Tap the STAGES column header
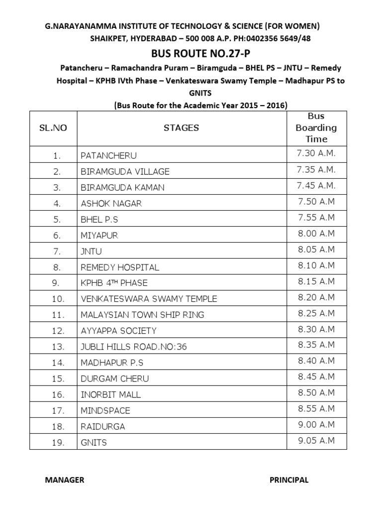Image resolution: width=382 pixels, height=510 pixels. click(181, 128)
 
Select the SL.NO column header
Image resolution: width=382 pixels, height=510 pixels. click(53, 128)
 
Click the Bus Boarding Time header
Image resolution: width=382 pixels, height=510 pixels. click(316, 127)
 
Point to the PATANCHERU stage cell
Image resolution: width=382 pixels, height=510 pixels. click(108, 156)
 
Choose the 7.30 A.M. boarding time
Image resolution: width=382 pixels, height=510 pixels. click(316, 154)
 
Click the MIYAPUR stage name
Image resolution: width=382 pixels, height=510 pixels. click(99, 236)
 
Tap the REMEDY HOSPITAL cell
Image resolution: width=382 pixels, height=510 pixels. click(120, 267)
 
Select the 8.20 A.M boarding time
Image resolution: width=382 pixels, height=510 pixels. click(316, 297)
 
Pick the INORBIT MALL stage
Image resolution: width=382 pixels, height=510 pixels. click(111, 395)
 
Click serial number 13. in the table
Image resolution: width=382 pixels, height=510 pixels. click(58, 347)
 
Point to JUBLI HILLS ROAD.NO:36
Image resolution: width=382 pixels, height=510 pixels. click(134, 347)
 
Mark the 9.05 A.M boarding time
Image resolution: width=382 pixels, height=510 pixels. click(316, 441)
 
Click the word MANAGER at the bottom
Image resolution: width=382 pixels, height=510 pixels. click(65, 480)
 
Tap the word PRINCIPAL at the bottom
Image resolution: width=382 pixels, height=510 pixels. click(289, 480)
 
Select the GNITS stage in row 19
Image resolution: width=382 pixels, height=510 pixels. click(94, 443)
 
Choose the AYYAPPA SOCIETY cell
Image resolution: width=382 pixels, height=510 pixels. click(118, 331)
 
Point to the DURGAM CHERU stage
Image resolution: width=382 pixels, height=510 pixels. click(114, 379)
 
